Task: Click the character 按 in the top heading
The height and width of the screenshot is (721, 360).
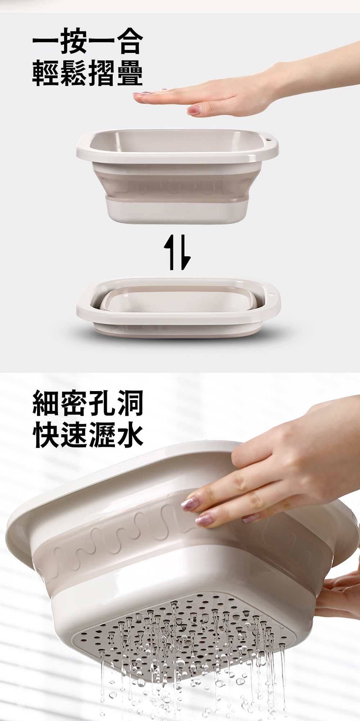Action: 74,41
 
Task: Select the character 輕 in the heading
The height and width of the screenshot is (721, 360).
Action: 46,73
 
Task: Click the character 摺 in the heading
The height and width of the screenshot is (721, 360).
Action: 102,73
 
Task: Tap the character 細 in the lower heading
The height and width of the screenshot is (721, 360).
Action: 46,403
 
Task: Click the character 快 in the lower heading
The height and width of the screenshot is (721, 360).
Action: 46,435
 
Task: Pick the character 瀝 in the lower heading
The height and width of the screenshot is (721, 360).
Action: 102,435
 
